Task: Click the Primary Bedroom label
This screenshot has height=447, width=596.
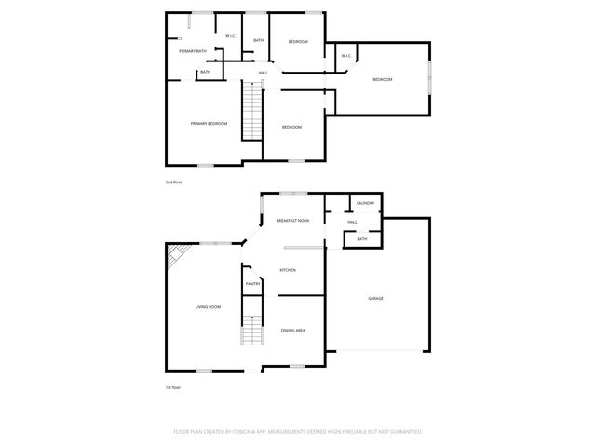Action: pyautogui.click(x=210, y=124)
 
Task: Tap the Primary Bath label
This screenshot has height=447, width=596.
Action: pyautogui.click(x=193, y=50)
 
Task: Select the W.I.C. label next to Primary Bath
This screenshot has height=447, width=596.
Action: pyautogui.click(x=229, y=37)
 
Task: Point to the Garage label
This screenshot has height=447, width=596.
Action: pyautogui.click(x=375, y=298)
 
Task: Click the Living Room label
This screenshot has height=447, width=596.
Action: pyautogui.click(x=208, y=306)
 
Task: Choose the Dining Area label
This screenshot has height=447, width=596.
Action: pyautogui.click(x=293, y=330)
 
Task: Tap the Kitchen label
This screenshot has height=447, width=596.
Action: pyautogui.click(x=288, y=270)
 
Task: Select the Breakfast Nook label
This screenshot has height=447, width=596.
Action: pyautogui.click(x=292, y=221)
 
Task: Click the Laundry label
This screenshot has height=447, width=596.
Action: pyautogui.click(x=365, y=203)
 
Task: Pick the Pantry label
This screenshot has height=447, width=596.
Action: pyautogui.click(x=252, y=283)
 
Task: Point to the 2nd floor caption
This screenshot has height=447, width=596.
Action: pyautogui.click(x=173, y=183)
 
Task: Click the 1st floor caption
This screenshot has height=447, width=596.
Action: pyautogui.click(x=173, y=387)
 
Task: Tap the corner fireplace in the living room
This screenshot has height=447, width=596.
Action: pyautogui.click(x=175, y=254)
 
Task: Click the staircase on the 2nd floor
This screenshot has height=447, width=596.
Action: pyautogui.click(x=252, y=110)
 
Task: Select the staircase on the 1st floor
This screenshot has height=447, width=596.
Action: pyautogui.click(x=252, y=332)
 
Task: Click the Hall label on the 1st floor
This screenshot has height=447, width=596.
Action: pyautogui.click(x=352, y=222)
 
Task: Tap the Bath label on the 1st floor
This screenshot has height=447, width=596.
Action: pyautogui.click(x=361, y=239)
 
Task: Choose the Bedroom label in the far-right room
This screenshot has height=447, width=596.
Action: pyautogui.click(x=382, y=80)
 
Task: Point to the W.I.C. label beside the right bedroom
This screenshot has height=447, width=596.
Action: pyautogui.click(x=345, y=56)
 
